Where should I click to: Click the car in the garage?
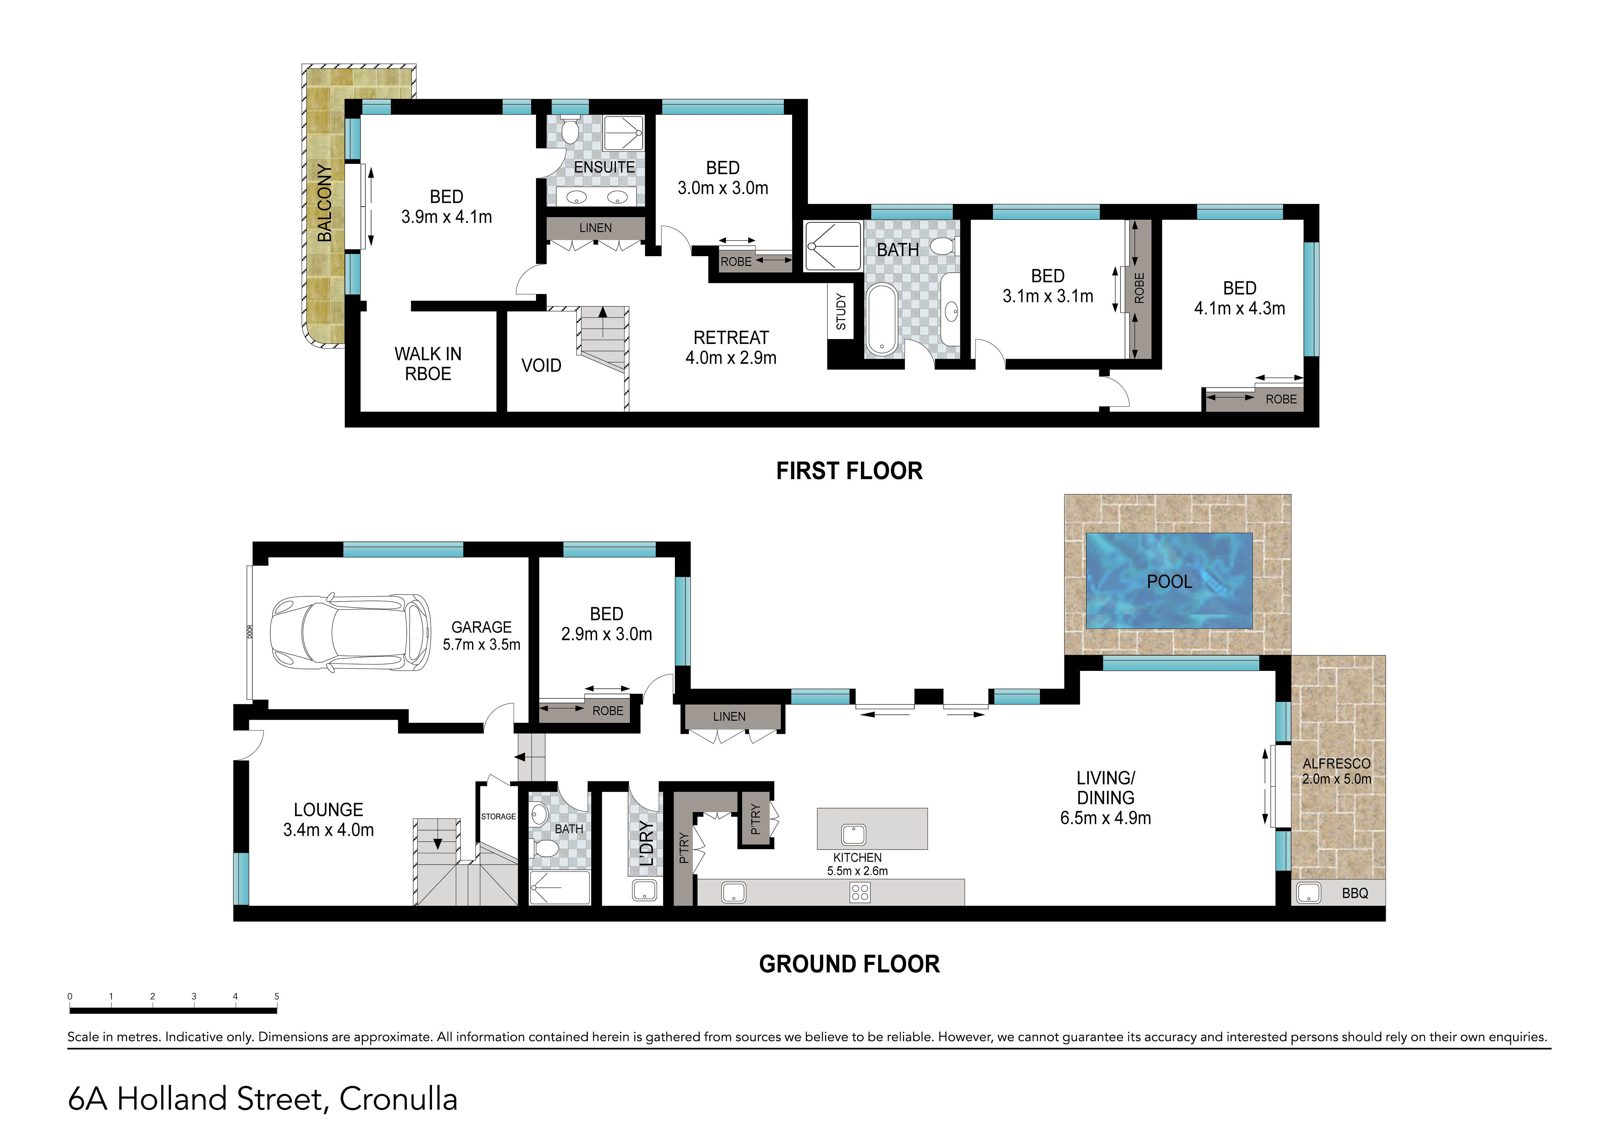pos(350,632)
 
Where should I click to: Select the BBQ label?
pos(1355,893)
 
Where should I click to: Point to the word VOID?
pos(542,366)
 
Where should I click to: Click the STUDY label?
pos(841,311)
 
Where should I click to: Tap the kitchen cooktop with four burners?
pos(860,893)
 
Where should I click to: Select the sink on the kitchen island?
pos(854,835)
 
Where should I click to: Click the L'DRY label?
pos(646,844)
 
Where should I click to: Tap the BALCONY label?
pos(324,202)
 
